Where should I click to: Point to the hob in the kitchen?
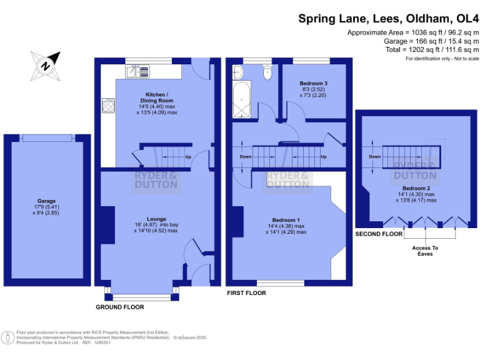click(106, 106)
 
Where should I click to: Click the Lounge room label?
click(156, 219)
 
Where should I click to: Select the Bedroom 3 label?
click(313, 84)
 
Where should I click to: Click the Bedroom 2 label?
click(416, 188)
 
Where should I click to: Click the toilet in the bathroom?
click(268, 72)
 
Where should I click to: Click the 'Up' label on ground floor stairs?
click(188, 156)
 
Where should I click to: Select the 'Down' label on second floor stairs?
click(374, 156)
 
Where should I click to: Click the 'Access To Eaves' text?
click(426, 251)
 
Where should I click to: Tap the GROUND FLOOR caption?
click(119, 307)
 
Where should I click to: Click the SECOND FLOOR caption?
click(379, 234)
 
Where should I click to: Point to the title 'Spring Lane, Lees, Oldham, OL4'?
click(388, 18)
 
